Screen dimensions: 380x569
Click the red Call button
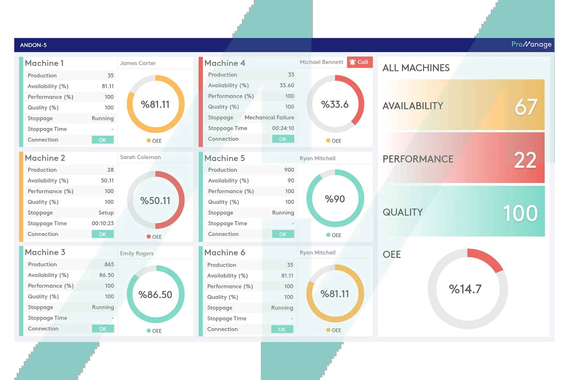[x=359, y=62]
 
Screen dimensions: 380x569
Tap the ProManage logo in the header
[x=531, y=45]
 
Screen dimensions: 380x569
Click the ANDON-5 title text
[x=33, y=45]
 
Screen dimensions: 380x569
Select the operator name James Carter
[x=138, y=63]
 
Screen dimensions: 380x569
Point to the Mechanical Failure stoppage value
[x=269, y=118]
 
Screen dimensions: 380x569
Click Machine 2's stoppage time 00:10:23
[x=103, y=223]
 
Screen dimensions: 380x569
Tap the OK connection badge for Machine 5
[x=283, y=234]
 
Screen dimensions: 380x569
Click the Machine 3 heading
[x=45, y=252]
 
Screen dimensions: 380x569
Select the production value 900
[x=289, y=170]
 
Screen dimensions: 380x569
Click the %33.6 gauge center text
[x=335, y=104]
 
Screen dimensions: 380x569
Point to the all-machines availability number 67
[x=526, y=107]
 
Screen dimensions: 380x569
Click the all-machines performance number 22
[x=525, y=160]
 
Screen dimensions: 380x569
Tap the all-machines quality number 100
[x=520, y=213]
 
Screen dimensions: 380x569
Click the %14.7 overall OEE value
[x=465, y=289]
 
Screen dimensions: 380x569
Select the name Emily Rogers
[x=137, y=254]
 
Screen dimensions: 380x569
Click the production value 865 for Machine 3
[x=109, y=265]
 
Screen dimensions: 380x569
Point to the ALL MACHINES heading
[x=416, y=68]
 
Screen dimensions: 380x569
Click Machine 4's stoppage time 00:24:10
[x=283, y=128]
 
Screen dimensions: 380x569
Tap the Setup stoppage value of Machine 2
[x=106, y=213]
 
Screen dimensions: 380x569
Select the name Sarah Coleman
[x=140, y=157]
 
